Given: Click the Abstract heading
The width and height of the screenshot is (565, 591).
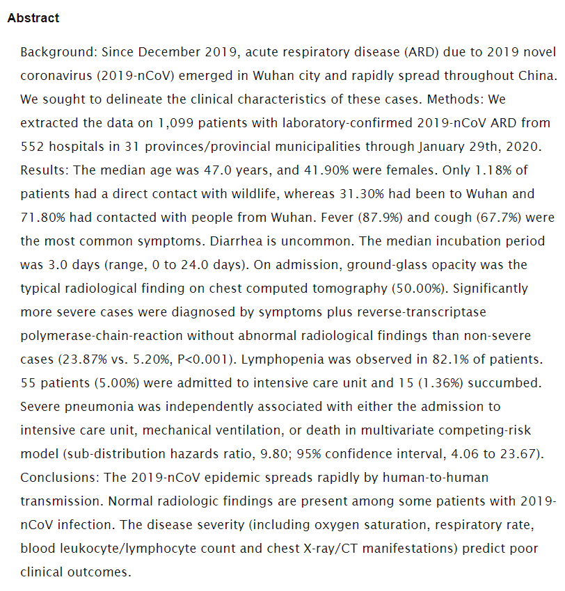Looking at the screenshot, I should (x=33, y=18).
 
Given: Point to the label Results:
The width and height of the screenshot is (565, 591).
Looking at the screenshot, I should (x=42, y=170).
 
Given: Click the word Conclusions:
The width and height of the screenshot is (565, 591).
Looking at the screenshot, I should (x=61, y=478).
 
